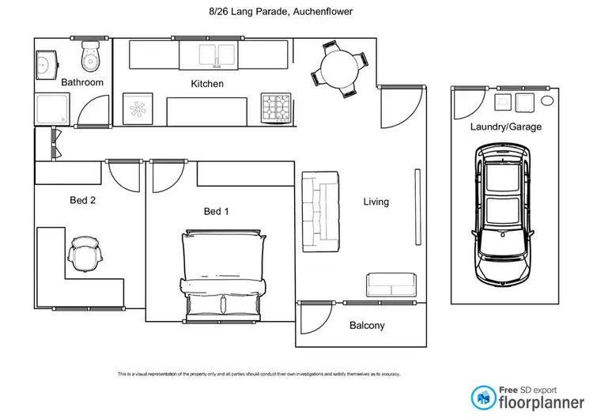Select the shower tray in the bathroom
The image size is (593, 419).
click(x=51, y=109)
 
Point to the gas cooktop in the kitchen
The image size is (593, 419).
click(x=278, y=108)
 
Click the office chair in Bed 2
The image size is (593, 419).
click(x=85, y=254)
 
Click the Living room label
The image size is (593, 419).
click(x=376, y=202)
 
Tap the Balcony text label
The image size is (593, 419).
click(x=367, y=326)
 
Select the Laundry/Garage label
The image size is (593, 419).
click(x=505, y=126)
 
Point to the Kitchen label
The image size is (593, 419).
click(x=207, y=84)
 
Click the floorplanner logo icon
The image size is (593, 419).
click(x=482, y=398)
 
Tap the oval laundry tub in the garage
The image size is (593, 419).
click(x=547, y=100)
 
